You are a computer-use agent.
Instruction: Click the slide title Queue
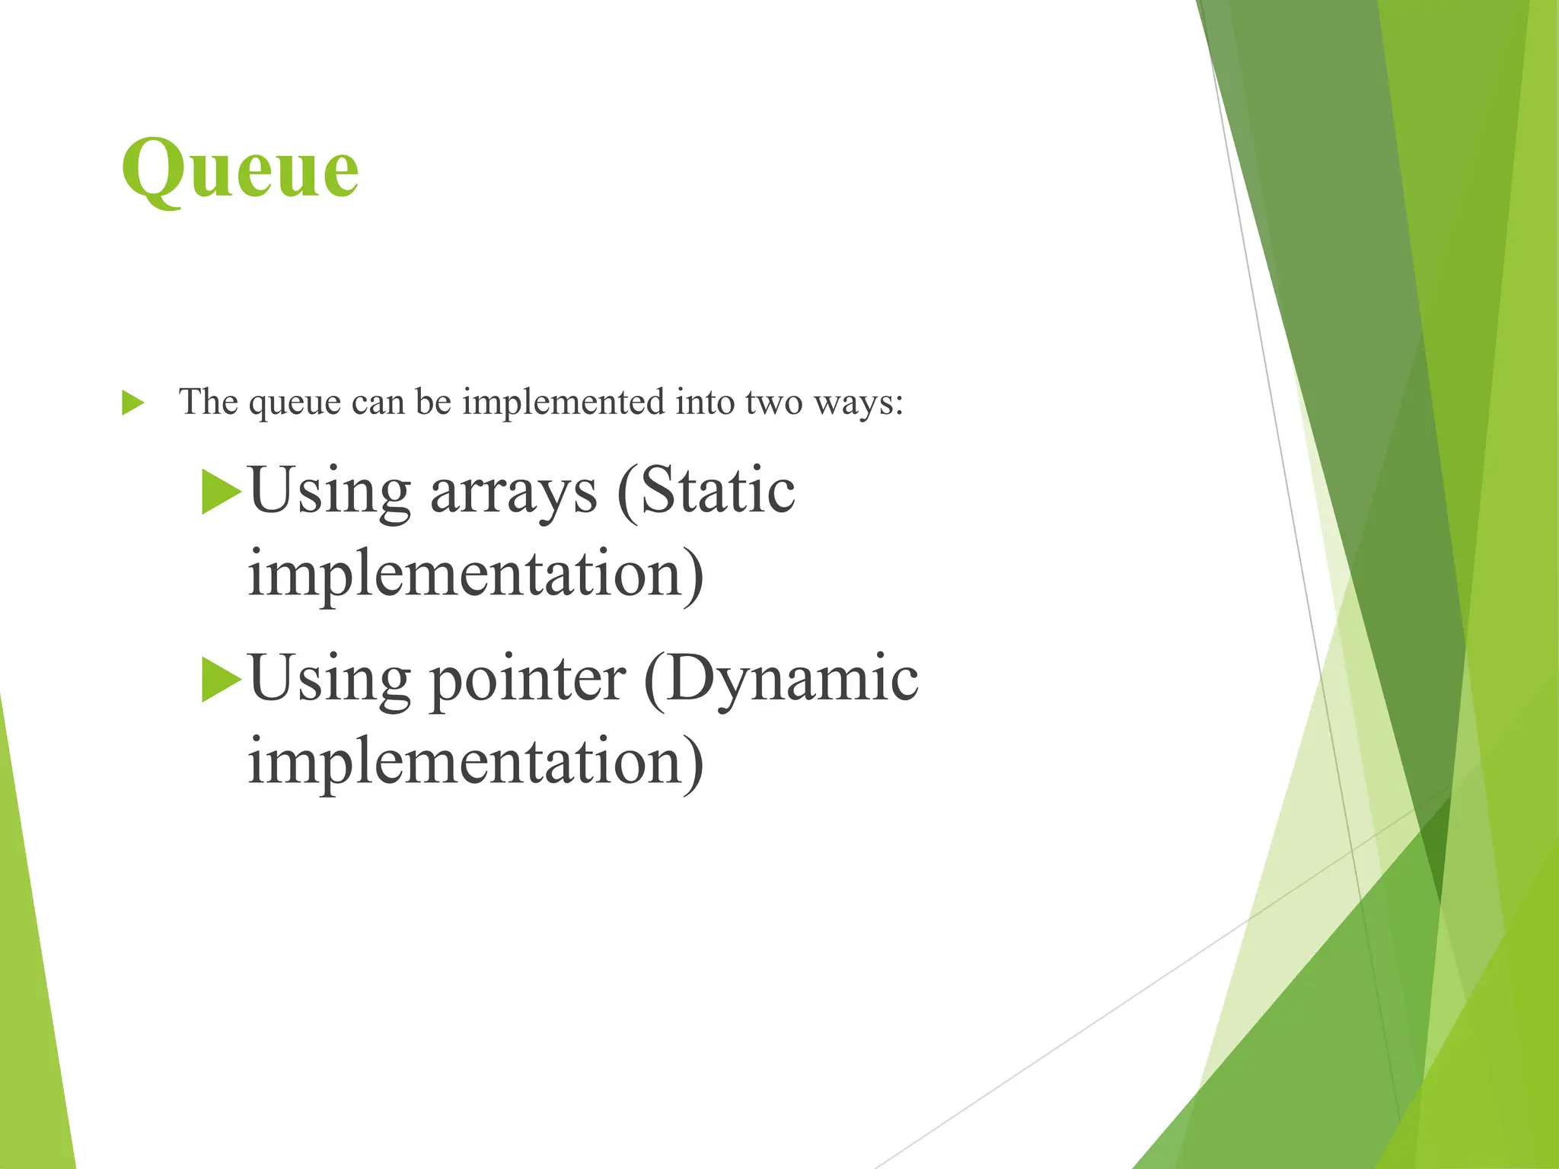240,169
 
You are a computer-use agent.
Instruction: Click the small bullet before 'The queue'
132,403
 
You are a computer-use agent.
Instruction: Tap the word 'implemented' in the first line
563,402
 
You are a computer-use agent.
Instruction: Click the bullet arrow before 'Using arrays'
221,492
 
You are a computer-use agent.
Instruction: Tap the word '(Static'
706,491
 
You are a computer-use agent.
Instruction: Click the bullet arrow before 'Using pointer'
221,680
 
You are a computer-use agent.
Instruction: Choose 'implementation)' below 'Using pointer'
476,761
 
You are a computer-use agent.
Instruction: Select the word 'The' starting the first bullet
208,402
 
